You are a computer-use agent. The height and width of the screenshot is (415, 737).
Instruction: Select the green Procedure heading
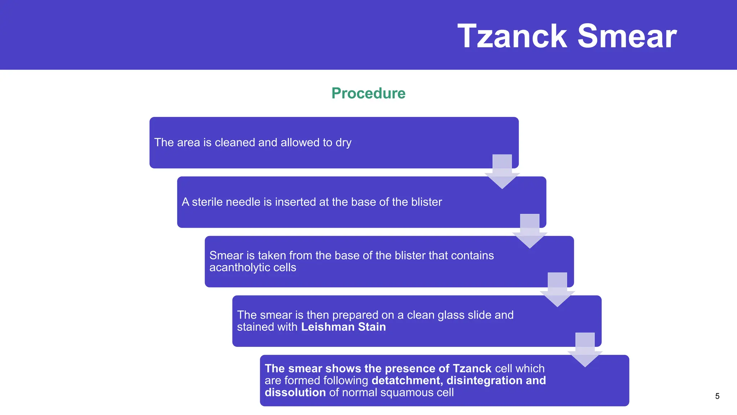pyautogui.click(x=368, y=93)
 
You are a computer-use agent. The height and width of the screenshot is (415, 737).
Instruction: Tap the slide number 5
pyautogui.click(x=717, y=396)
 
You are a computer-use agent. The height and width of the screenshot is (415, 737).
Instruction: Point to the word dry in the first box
pyautogui.click(x=343, y=143)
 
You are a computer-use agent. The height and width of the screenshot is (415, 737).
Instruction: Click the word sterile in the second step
pyautogui.click(x=208, y=202)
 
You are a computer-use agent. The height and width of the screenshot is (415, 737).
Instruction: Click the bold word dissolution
pyautogui.click(x=295, y=392)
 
